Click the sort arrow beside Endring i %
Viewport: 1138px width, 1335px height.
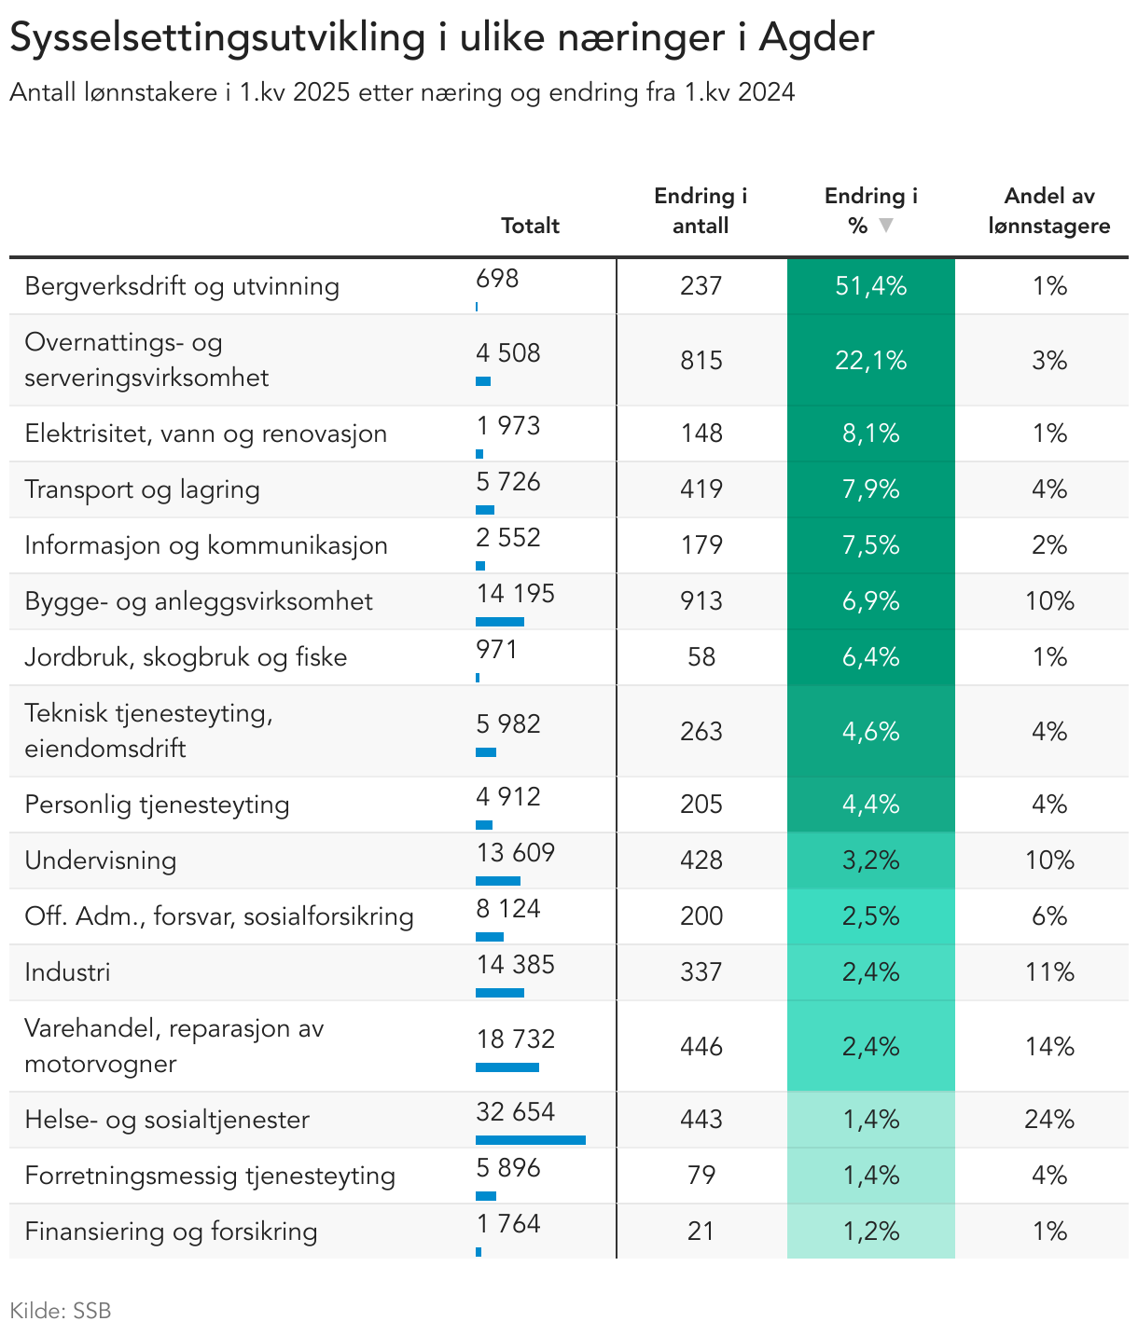point(886,225)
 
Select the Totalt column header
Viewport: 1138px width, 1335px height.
point(530,226)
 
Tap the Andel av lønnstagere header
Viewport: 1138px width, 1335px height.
point(1048,211)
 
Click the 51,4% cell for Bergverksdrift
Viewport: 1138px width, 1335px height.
point(870,286)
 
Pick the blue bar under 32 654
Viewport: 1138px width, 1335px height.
point(531,1140)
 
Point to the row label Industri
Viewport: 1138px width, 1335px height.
point(67,972)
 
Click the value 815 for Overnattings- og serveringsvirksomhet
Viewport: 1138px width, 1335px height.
point(701,361)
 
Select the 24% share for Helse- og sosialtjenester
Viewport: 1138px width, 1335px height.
point(1048,1120)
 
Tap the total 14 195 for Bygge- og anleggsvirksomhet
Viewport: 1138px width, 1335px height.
point(515,594)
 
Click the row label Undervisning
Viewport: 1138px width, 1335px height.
point(100,860)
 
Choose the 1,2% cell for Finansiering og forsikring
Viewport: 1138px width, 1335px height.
point(870,1231)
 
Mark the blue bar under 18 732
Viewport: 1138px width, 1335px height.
point(507,1067)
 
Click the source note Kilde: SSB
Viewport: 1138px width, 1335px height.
point(60,1311)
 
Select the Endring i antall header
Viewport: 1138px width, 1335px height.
point(701,211)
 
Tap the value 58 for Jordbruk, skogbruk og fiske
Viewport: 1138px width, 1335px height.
point(701,657)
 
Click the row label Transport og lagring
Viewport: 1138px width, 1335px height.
point(142,489)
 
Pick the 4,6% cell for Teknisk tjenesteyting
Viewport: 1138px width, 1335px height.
point(870,731)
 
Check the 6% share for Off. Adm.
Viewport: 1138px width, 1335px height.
point(1048,915)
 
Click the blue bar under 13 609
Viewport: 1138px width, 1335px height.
point(497,881)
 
